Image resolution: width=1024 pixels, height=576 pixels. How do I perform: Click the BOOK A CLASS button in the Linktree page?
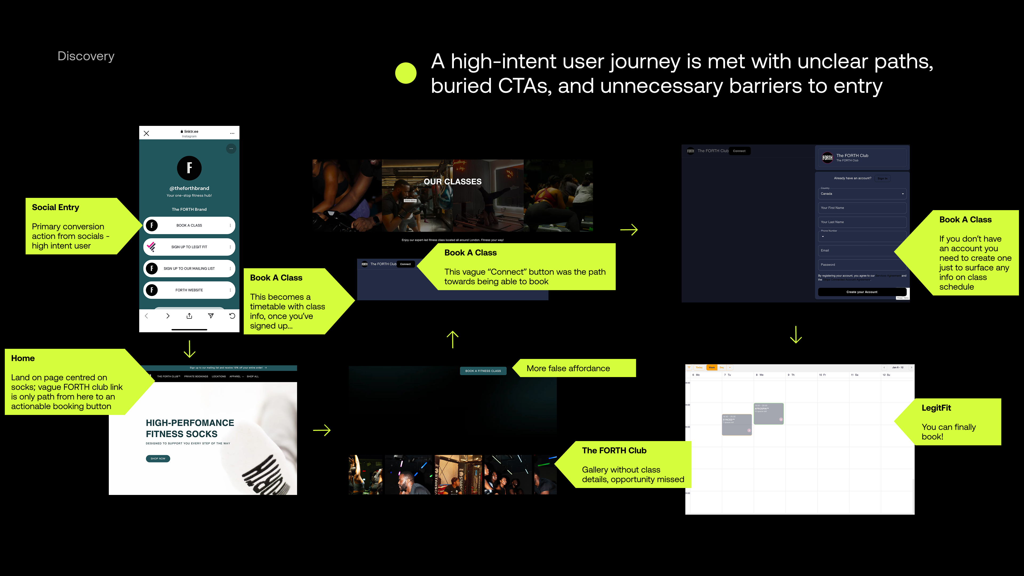tap(189, 225)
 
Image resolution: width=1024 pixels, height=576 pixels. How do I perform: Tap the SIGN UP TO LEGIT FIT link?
tap(189, 247)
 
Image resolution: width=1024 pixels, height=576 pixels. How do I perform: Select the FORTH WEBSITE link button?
tap(189, 290)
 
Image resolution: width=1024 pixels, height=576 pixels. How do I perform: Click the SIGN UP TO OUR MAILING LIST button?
tap(189, 268)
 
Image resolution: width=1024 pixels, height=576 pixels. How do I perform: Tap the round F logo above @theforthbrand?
tap(189, 168)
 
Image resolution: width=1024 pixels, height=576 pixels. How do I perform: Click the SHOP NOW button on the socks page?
tap(158, 459)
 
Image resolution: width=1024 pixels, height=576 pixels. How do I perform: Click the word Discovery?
tap(86, 56)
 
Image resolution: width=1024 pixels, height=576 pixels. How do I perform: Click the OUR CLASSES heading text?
tap(452, 182)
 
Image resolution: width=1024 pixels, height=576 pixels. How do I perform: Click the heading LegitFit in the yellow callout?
tap(936, 408)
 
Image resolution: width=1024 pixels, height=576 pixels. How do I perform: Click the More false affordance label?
tap(568, 369)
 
